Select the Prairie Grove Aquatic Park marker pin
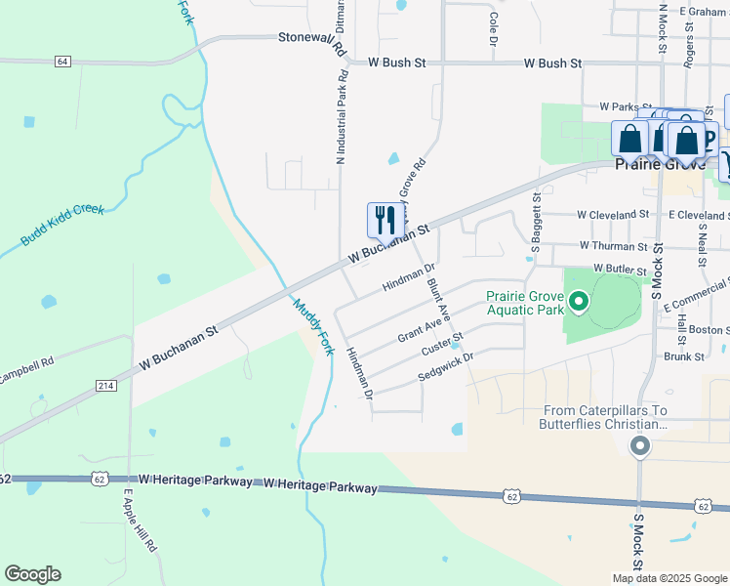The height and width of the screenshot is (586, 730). (579, 303)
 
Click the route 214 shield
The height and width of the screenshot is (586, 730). (106, 387)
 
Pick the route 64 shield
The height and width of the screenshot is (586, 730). (62, 62)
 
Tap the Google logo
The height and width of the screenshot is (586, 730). (32, 574)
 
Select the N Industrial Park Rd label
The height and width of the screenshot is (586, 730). (342, 115)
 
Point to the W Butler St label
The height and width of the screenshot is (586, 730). (620, 269)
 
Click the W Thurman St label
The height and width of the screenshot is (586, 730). (613, 246)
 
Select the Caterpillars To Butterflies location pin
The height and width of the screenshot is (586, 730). (640, 447)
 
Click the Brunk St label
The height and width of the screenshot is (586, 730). (684, 356)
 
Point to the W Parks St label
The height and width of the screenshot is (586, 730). (626, 105)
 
